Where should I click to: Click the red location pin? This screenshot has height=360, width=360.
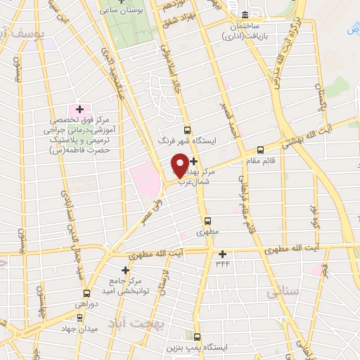181,165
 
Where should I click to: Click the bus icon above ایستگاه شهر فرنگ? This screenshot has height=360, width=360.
186,129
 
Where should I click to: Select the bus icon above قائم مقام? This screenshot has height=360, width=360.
260,149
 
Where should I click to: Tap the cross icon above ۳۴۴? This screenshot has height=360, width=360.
223,254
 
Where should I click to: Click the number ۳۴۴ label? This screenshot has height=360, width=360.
223,264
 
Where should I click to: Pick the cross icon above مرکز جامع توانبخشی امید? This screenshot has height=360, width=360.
126,269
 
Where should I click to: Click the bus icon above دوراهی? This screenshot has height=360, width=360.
86,293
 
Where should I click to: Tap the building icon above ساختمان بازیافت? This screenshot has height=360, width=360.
244,15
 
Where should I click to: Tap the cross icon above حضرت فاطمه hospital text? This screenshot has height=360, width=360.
79,109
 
